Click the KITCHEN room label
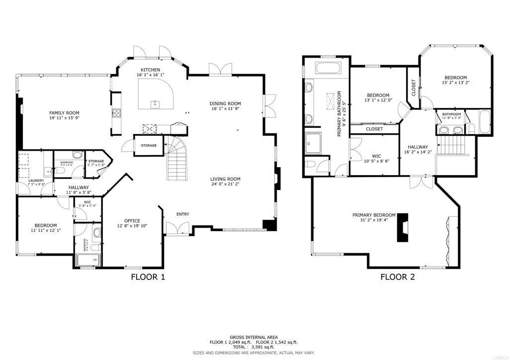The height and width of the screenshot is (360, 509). point(150,70)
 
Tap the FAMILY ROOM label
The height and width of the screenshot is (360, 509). point(64,113)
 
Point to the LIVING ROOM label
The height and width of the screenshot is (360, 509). point(225,179)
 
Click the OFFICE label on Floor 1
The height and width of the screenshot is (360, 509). point(132,221)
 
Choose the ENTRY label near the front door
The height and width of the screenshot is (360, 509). point(182,214)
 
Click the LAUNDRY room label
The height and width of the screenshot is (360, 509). point(28,180)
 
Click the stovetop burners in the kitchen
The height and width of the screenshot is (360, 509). point(117,113)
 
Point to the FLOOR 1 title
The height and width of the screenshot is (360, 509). point(147,277)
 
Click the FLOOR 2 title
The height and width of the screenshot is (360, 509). point(397,277)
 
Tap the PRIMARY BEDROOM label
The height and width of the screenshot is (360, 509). point(374,215)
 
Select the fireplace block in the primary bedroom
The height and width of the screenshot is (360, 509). point(401,227)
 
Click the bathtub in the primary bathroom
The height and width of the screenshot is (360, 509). point(326,69)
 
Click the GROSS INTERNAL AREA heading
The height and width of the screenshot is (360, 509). point(254,337)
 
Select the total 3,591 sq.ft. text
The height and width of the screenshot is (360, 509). point(254,347)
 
